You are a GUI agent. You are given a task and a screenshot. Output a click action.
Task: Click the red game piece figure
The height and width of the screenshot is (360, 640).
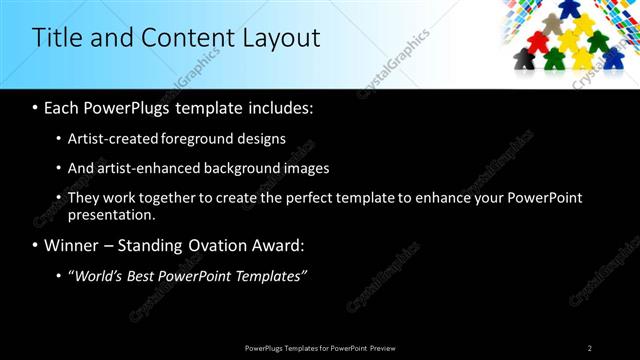pos(539,42)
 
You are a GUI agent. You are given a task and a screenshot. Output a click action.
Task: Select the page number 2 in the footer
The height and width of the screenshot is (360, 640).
pos(589,348)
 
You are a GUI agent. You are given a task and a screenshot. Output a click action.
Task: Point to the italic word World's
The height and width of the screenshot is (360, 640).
pos(97,276)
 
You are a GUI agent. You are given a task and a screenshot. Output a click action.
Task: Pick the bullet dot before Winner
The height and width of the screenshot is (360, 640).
pos(36,246)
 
